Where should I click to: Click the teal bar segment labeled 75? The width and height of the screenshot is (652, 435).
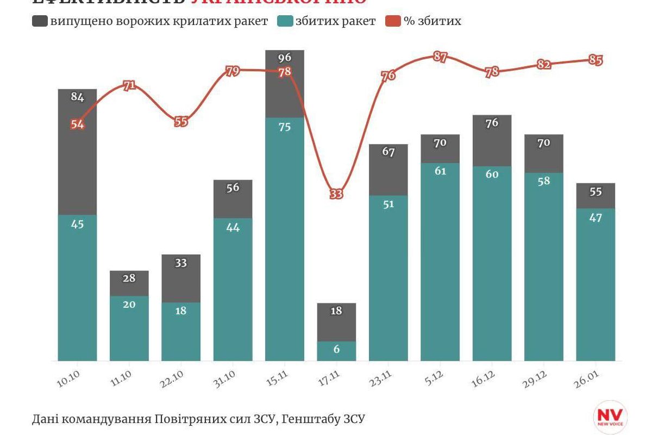[x=285, y=239]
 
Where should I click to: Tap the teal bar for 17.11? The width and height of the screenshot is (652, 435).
[x=336, y=351]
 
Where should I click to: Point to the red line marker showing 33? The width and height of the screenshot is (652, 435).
[x=336, y=194]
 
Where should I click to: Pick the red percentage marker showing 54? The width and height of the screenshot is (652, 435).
[x=77, y=124]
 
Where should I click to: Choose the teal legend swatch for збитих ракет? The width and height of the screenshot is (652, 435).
[x=285, y=21]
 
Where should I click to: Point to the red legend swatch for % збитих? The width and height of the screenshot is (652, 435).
[x=393, y=21]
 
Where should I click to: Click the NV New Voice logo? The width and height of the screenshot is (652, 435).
[x=610, y=417]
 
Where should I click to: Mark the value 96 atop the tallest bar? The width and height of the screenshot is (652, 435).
[x=285, y=57]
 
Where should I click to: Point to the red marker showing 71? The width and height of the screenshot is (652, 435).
[x=129, y=85]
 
